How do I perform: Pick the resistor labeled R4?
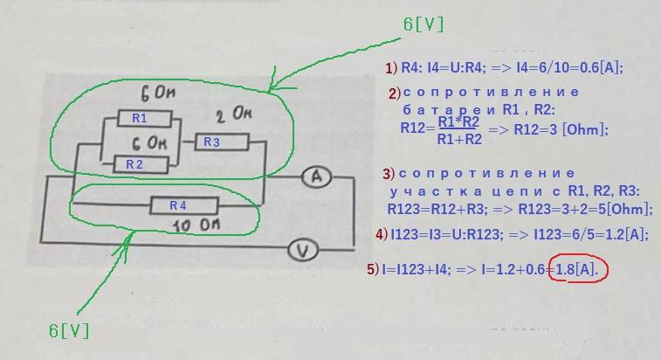pos(179,205)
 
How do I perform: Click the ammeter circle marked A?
pos(317,177)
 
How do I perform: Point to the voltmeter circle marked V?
pos(303,252)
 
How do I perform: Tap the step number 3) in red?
pos(388,173)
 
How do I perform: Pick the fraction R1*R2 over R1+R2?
pos(460,129)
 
